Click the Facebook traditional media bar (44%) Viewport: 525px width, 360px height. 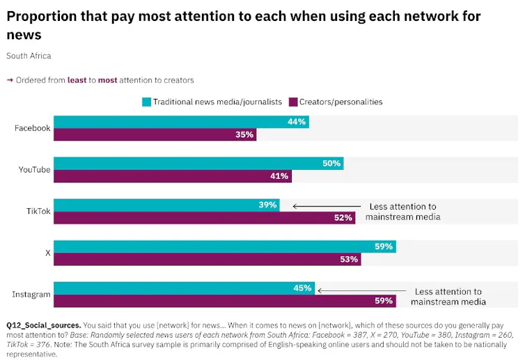click(181, 122)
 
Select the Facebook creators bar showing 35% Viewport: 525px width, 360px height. click(155, 134)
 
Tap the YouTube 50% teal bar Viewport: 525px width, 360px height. click(198, 164)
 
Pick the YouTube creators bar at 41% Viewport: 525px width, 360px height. click(173, 176)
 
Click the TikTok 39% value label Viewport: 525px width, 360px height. click(267, 205)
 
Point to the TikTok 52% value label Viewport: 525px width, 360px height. click(343, 218)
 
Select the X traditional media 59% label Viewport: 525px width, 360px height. click(384, 246)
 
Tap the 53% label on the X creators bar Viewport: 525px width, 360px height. click(350, 259)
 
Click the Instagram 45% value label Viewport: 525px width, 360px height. click(302, 288)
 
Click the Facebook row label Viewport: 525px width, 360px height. click(32, 128)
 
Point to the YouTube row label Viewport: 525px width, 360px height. click(34, 170)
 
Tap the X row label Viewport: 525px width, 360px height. click(48, 253)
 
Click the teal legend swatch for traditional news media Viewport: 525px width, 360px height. click(146, 102)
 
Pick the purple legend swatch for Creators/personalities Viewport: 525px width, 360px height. click(294, 102)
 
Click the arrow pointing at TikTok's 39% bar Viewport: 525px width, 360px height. click(327, 206)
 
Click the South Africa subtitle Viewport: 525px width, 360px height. click(29, 56)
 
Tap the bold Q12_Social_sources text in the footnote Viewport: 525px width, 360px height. click(43, 325)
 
